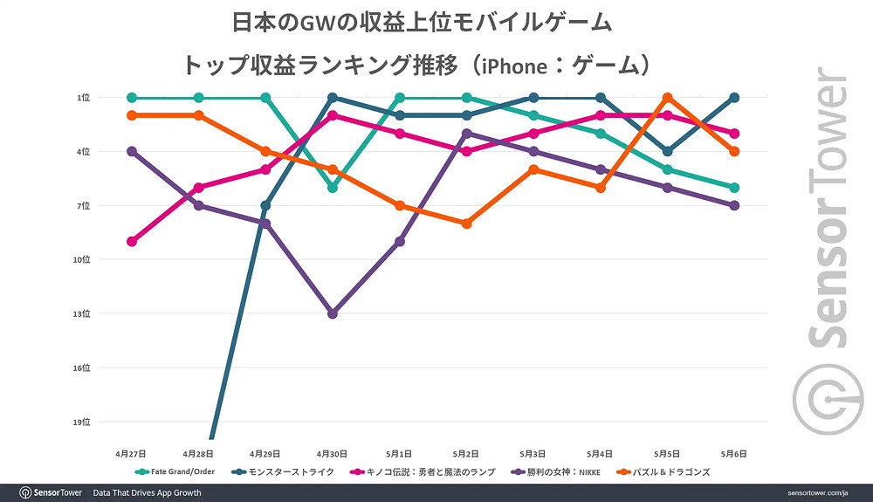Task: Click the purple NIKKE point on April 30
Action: coord(333,313)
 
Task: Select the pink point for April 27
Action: coord(132,242)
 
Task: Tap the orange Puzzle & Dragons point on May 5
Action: coord(668,98)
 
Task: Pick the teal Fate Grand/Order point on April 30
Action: coord(333,188)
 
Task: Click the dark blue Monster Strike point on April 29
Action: coord(265,206)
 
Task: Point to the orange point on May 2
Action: coord(467,223)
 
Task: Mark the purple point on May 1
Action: coord(400,242)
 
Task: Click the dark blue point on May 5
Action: coord(668,152)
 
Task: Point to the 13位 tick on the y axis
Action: coord(82,313)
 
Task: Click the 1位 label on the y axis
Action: coord(84,98)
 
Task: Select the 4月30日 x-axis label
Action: coord(333,455)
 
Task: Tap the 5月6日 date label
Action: coord(734,455)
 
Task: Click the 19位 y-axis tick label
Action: coord(82,422)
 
